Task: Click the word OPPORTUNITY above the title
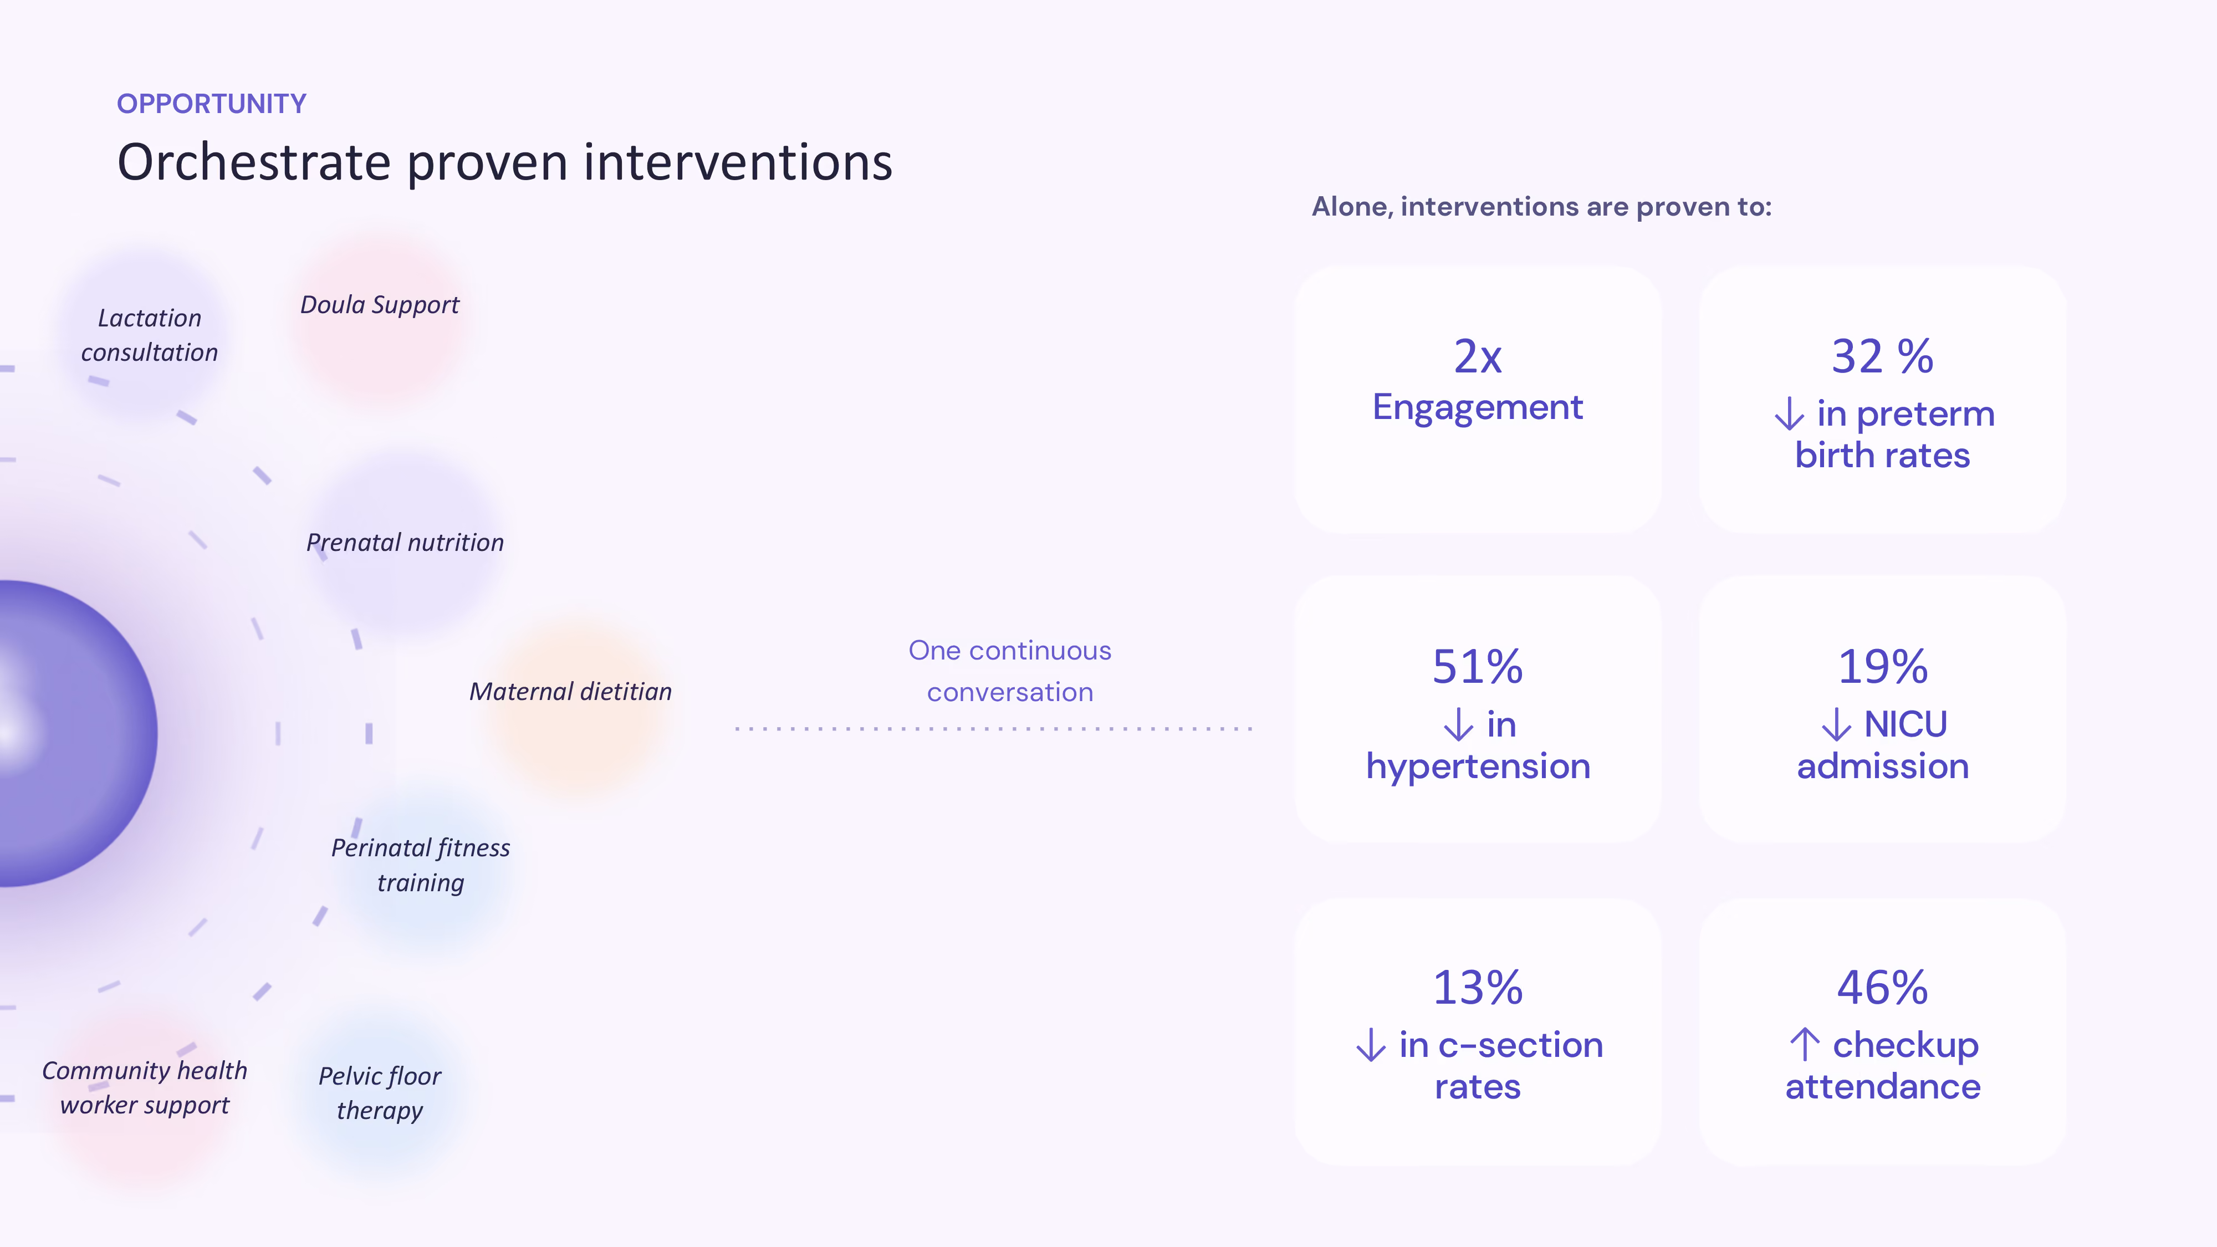pyautogui.click(x=212, y=104)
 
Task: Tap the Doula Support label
pyautogui.click(x=380, y=305)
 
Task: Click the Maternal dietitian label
pyautogui.click(x=571, y=692)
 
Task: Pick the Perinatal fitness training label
pyautogui.click(x=421, y=866)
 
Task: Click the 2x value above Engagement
pyautogui.click(x=1478, y=356)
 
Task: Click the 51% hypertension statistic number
pyautogui.click(x=1478, y=667)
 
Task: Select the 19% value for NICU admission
pyautogui.click(x=1883, y=667)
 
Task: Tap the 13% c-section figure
pyautogui.click(x=1478, y=988)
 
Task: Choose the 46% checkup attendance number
pyautogui.click(x=1883, y=988)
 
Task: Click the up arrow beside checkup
pyautogui.click(x=1805, y=1045)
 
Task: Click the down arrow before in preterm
pyautogui.click(x=1789, y=413)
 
